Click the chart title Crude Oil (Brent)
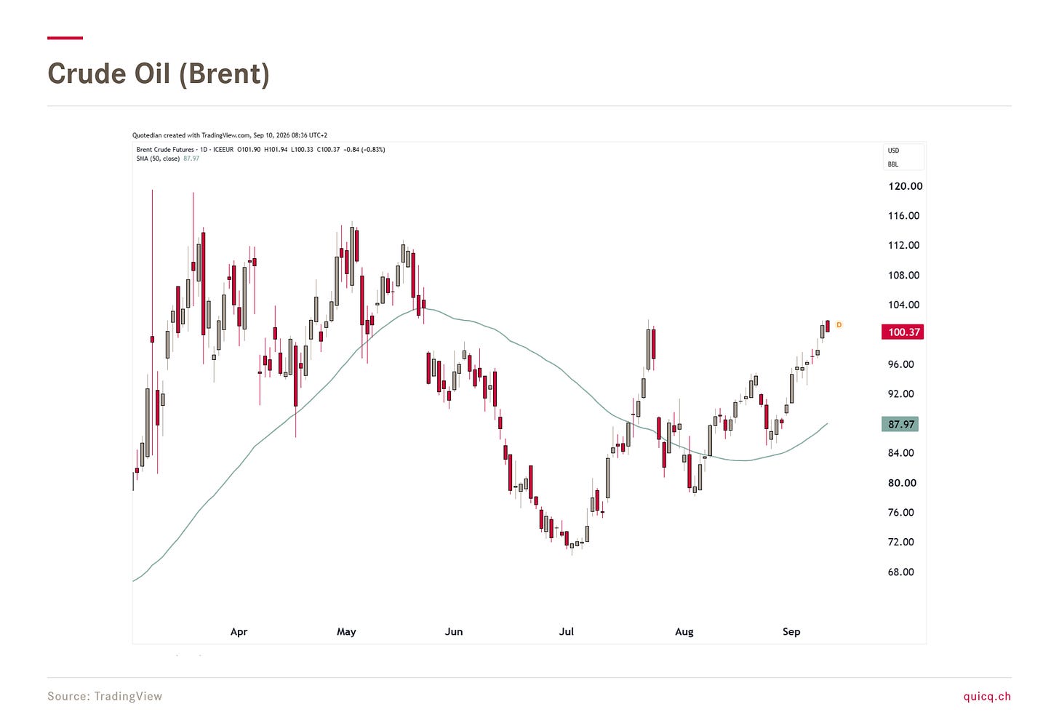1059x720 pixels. point(159,73)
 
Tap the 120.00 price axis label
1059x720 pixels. point(905,186)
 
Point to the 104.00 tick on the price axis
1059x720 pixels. point(903,305)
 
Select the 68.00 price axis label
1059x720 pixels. point(900,572)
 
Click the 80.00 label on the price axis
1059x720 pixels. point(902,483)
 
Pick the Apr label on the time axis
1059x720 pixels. point(239,631)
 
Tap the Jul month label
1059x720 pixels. point(566,631)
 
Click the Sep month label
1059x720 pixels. point(791,631)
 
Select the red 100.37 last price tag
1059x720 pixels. point(903,332)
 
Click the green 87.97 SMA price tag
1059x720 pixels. point(900,424)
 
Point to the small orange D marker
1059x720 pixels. point(839,325)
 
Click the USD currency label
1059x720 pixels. point(893,151)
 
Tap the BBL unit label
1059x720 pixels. point(892,164)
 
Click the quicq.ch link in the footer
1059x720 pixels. point(987,696)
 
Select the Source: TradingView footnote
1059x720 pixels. point(105,696)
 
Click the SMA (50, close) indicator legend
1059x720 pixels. point(158,159)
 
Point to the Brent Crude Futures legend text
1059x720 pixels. point(165,150)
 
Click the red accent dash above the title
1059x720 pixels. point(65,38)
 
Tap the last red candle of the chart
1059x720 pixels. point(828,327)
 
